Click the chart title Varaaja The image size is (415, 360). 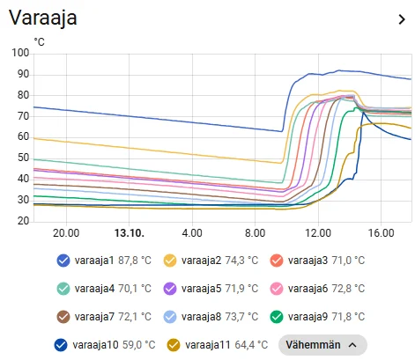[x=43, y=18]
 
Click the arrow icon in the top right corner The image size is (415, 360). [x=402, y=19]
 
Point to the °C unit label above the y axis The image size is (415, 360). [x=39, y=42]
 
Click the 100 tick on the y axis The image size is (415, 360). [x=20, y=53]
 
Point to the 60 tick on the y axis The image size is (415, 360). [x=23, y=136]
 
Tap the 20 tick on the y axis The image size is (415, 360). [x=23, y=221]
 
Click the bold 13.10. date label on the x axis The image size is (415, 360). [x=130, y=233]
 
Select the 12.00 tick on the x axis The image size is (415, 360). [x=318, y=233]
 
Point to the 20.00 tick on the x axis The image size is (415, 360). [x=66, y=233]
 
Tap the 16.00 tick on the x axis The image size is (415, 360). [x=382, y=233]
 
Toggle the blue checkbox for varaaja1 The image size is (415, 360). [x=63, y=261]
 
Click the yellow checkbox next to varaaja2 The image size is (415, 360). [x=170, y=261]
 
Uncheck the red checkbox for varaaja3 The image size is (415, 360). [x=277, y=261]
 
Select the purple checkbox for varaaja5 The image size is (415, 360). [x=170, y=289]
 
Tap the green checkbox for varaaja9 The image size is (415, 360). [x=277, y=317]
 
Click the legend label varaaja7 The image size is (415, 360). [x=94, y=317]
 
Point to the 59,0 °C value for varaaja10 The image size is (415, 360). [x=138, y=345]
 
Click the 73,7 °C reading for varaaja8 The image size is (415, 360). [x=241, y=317]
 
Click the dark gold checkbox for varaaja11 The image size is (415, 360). [x=174, y=345]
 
